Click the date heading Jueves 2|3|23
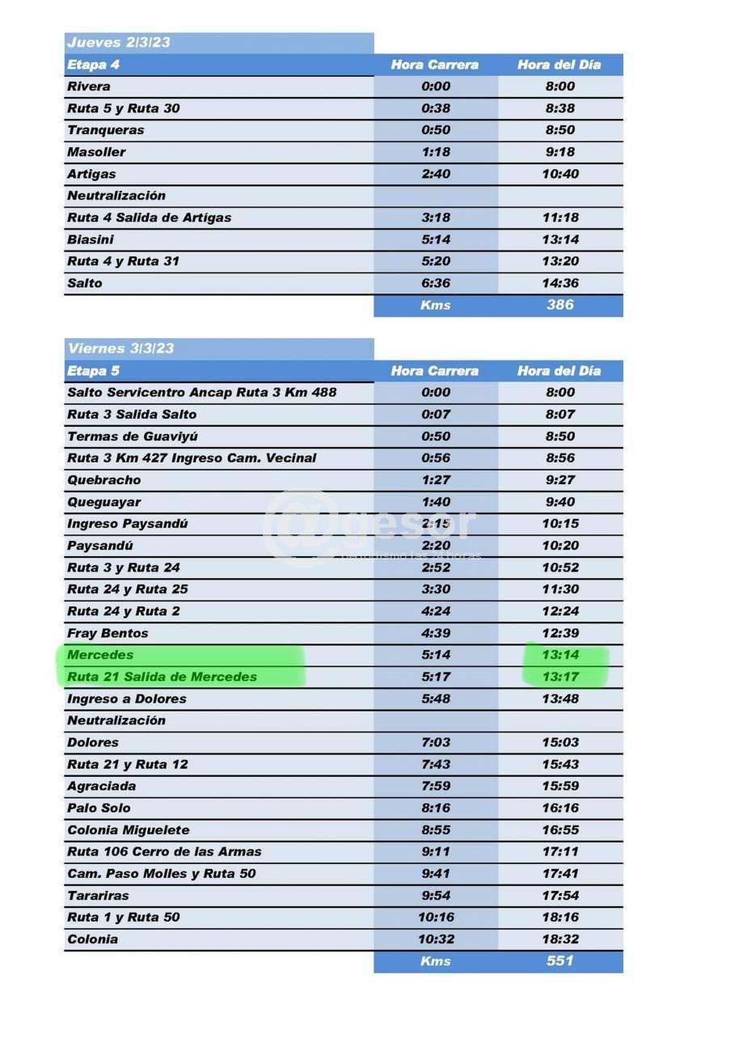click(119, 43)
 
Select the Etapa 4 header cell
click(93, 65)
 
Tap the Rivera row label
click(89, 87)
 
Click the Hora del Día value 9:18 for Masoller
click(559, 152)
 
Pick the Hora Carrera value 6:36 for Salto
click(436, 283)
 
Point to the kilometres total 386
click(559, 305)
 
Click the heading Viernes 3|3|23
click(120, 348)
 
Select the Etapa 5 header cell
click(93, 371)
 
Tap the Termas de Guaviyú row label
click(133, 437)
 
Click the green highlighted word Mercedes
click(100, 655)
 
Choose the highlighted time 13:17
click(559, 677)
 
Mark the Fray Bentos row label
click(108, 633)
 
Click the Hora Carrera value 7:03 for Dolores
click(436, 742)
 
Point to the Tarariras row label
click(98, 896)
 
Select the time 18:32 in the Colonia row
click(559, 939)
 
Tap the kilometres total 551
click(559, 961)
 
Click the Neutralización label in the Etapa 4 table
click(116, 196)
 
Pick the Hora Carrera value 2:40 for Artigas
click(436, 174)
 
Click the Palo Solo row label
click(99, 808)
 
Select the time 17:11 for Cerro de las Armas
click(559, 852)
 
